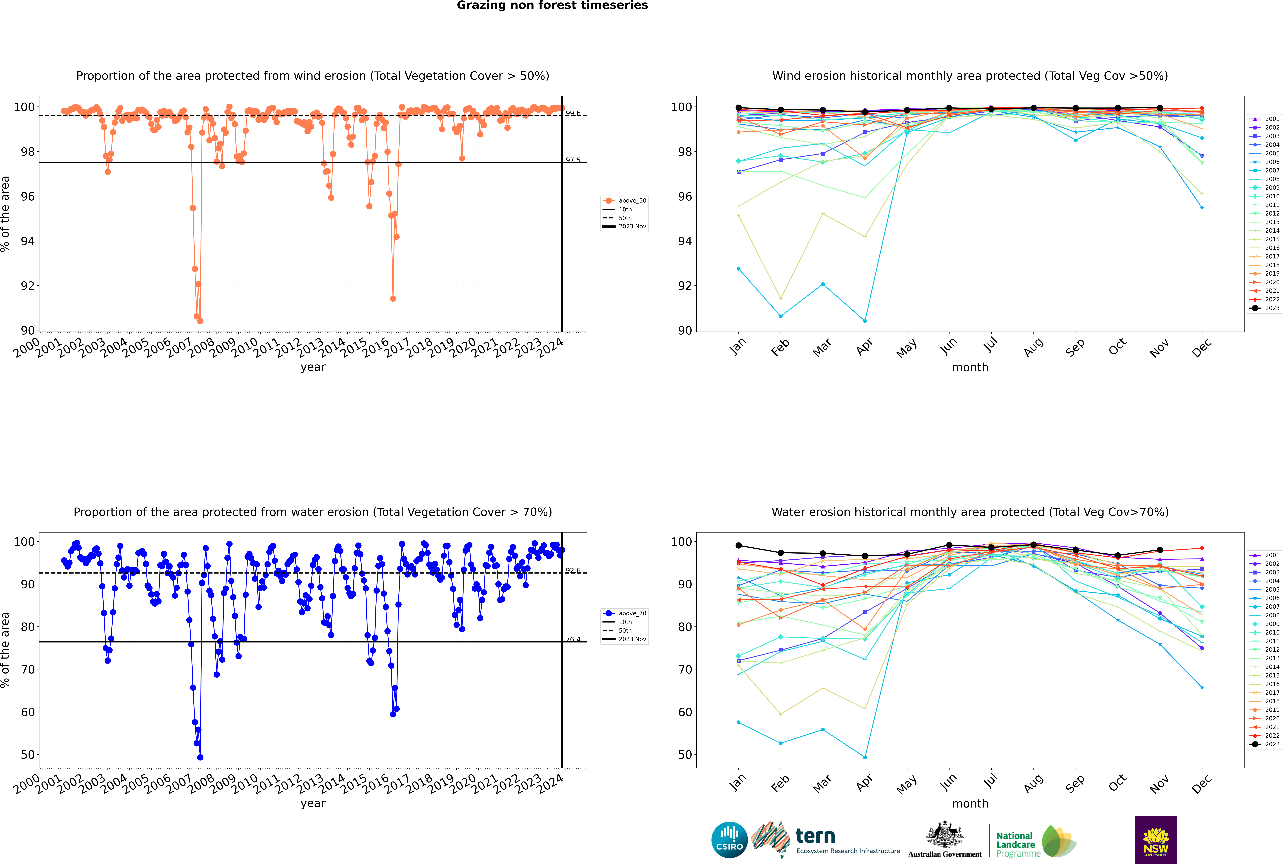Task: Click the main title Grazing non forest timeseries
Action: [x=552, y=5]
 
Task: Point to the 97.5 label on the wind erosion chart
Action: [x=573, y=160]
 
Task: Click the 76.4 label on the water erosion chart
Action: [x=573, y=640]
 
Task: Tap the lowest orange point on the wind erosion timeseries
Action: [x=200, y=321]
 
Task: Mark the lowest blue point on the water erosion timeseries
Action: [x=200, y=758]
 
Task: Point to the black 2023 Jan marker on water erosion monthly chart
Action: [x=739, y=546]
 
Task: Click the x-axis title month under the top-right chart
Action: [x=970, y=368]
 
